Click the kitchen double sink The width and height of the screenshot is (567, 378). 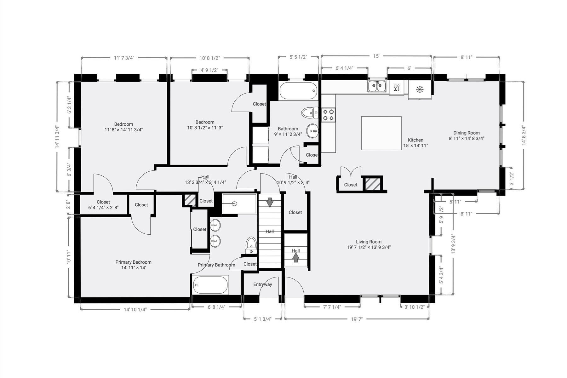coord(377,86)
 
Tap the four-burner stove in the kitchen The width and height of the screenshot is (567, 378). coord(328,115)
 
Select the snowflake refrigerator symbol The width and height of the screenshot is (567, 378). coord(420,90)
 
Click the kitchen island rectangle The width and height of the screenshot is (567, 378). coord(381,133)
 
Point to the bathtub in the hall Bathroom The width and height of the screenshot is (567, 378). coord(298,91)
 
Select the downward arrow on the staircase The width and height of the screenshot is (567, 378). coord(270,202)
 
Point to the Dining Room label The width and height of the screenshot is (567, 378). coord(467,133)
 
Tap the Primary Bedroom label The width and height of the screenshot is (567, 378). coord(133,262)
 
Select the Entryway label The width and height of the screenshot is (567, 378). coord(263,284)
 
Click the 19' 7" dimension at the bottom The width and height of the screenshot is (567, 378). coord(357,319)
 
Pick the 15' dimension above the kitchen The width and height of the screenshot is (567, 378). coord(376,56)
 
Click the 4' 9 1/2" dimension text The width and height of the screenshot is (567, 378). coord(209,70)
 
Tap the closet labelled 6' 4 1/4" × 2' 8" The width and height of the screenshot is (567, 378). coord(103,205)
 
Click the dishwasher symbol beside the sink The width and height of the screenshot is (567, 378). coord(396,87)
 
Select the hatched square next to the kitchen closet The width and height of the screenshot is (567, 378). coord(373,184)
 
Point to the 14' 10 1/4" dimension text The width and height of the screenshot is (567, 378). coord(135,309)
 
